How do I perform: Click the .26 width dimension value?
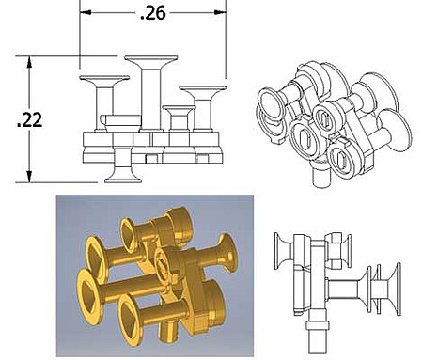click(x=153, y=13)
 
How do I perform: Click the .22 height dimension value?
click(x=29, y=120)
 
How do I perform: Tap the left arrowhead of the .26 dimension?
click(x=86, y=12)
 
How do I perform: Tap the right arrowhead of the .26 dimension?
click(x=220, y=12)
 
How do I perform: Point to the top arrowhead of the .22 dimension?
click(x=29, y=62)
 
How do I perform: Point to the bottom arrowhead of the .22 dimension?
click(x=29, y=177)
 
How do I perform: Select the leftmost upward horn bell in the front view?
click(x=104, y=81)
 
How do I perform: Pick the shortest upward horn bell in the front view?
click(x=179, y=110)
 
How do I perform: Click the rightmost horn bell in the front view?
click(x=203, y=92)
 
